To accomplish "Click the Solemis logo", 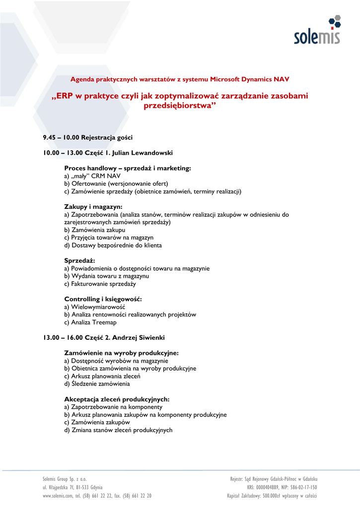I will [x=317, y=31].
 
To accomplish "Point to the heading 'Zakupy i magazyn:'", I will [x=93, y=206].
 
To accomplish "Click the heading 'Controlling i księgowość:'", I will [x=103, y=299].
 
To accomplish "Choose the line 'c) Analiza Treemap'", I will [x=90, y=322].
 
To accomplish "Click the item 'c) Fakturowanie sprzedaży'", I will [x=100, y=284].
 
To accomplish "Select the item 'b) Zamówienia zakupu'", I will [x=95, y=230].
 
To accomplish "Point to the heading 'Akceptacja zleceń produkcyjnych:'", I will [x=117, y=399].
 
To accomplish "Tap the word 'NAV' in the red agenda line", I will [x=281, y=79].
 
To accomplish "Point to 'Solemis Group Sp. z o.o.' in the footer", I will [x=65, y=479].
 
